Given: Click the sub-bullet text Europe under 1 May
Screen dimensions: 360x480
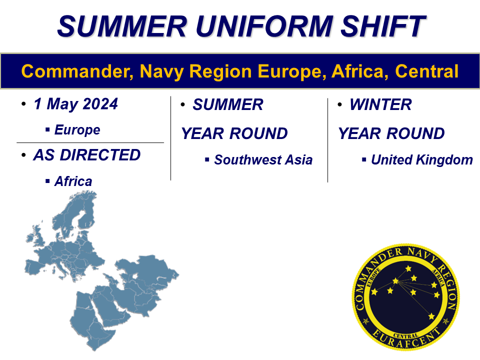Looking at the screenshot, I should click(x=77, y=130).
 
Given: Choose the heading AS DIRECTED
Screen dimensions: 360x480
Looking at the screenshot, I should click(x=87, y=155).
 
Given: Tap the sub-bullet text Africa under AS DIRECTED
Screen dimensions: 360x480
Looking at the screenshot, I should click(x=73, y=181).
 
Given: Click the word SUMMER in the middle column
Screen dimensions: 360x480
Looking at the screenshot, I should click(x=227, y=104).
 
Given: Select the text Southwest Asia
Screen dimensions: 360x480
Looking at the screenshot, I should click(x=263, y=159).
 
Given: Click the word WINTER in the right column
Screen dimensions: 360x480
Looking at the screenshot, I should click(x=380, y=104).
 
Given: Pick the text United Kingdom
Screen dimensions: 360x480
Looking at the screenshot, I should click(x=421, y=159).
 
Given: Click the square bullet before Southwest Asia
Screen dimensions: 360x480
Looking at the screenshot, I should click(x=206, y=159).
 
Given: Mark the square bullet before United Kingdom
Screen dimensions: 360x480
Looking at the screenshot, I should click(x=363, y=159).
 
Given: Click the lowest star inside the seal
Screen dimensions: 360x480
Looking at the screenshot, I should click(x=431, y=316).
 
